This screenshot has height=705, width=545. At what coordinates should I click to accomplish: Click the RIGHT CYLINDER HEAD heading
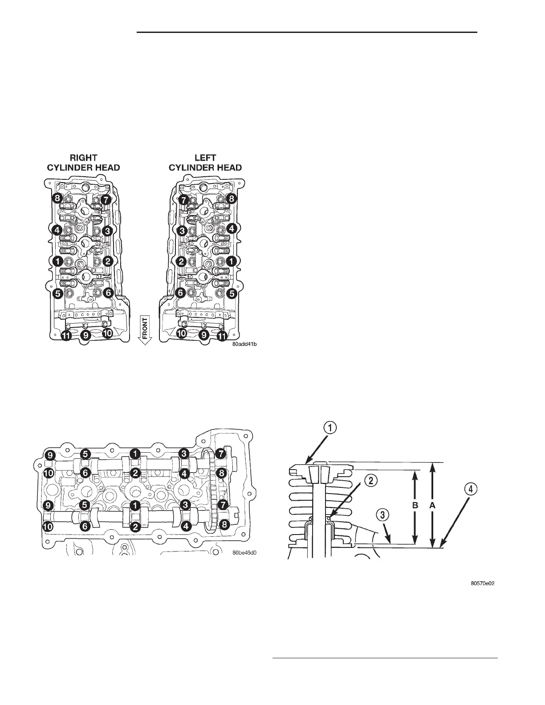click(83, 163)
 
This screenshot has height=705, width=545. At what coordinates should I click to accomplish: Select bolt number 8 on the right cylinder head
click(57, 199)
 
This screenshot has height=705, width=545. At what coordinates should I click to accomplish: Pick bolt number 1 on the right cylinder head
click(57, 261)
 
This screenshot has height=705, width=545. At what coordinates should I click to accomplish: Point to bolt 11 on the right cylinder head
click(66, 336)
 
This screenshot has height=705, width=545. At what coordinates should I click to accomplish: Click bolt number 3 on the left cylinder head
click(182, 231)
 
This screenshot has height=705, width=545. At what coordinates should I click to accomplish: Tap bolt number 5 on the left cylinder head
click(231, 294)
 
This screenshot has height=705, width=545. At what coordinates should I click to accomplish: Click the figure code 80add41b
click(244, 343)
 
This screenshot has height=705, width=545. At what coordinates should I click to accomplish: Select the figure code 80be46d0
click(244, 553)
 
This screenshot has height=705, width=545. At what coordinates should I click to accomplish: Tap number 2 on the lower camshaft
click(134, 526)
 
